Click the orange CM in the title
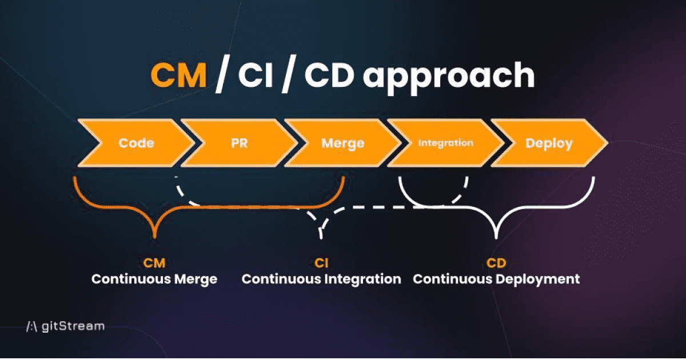(x=178, y=77)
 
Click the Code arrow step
(x=136, y=143)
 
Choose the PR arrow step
(x=240, y=143)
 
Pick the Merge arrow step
(x=342, y=143)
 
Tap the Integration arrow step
(x=445, y=143)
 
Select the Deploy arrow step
(x=548, y=143)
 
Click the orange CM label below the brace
(x=154, y=263)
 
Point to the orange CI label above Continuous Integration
(x=321, y=263)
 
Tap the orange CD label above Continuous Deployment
(x=496, y=263)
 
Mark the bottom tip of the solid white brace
(x=496, y=237)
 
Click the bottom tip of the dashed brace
(x=321, y=237)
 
